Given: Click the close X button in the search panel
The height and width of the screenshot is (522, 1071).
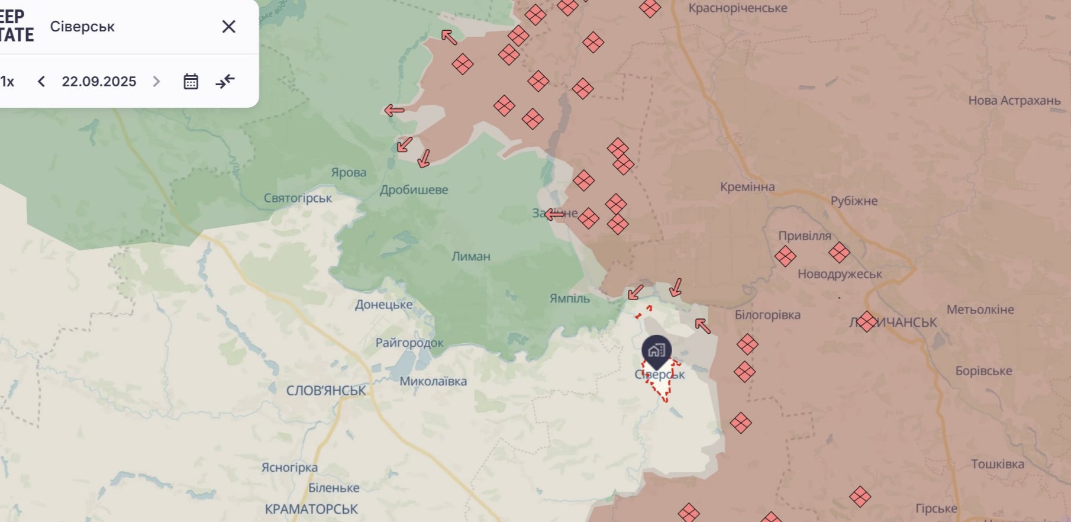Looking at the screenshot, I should coord(228,27).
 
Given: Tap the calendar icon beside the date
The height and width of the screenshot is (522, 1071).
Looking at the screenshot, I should coord(191,82).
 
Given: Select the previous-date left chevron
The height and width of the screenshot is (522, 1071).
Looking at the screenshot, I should coord(41,82).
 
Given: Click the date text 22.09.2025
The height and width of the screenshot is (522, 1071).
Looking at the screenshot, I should coord(99,82).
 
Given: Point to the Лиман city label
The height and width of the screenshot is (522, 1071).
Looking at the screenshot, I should coord(470,256).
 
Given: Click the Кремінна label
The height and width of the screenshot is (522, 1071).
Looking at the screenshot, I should coord(747,187).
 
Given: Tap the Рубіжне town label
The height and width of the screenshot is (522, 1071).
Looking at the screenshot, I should coord(854,201).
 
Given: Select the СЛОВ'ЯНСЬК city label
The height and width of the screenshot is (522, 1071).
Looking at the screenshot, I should coord(326,391).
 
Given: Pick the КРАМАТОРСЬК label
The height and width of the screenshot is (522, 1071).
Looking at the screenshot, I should coord(311,509).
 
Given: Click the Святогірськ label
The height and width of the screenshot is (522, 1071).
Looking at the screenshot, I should coord(298,198).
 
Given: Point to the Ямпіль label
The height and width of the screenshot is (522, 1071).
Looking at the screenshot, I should coord(569,298).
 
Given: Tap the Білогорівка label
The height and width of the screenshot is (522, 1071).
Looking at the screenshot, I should coord(767,315).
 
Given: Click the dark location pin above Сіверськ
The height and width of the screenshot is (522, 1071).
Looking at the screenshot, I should coord(656,350).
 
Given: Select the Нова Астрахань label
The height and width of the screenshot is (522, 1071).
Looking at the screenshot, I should coord(1014,101).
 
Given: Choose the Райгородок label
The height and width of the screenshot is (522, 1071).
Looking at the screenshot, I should coord(409,343).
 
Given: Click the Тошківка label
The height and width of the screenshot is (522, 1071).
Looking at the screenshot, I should coord(997,464).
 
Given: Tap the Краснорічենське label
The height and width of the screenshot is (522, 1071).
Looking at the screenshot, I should coord(737,8).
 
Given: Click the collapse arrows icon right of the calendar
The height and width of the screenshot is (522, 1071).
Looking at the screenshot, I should coord(225,81).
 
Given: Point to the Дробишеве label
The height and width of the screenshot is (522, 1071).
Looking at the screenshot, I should coord(414,190).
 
